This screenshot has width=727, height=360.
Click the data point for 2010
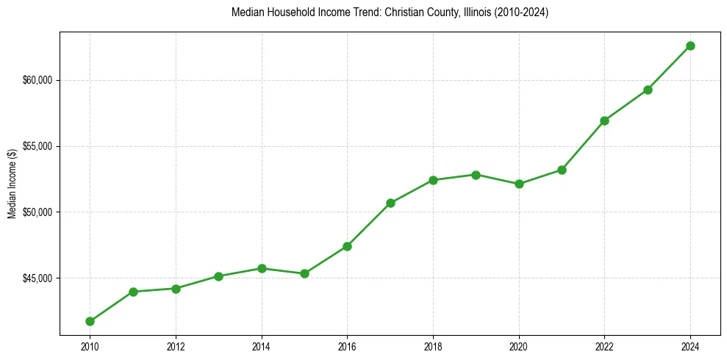point(90,321)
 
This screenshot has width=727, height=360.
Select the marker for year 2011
point(133,292)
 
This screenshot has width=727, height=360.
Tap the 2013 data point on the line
point(218,276)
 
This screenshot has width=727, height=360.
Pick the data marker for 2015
point(304,273)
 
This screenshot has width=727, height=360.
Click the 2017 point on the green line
point(390,203)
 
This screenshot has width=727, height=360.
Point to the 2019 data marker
point(476,175)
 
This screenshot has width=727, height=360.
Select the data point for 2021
point(562,170)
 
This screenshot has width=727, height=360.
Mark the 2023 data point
point(648,90)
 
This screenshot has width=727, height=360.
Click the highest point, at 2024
point(690,46)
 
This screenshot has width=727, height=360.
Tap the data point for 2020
point(519,184)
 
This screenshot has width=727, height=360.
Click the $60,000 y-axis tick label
point(37,80)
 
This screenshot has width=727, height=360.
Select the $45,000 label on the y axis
point(37,278)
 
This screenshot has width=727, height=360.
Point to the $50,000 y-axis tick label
point(37,212)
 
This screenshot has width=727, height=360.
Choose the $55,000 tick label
point(37,146)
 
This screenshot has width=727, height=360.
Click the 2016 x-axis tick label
point(347,346)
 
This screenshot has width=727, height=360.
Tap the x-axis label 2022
point(604,346)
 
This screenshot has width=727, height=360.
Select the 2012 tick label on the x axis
point(176,346)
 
